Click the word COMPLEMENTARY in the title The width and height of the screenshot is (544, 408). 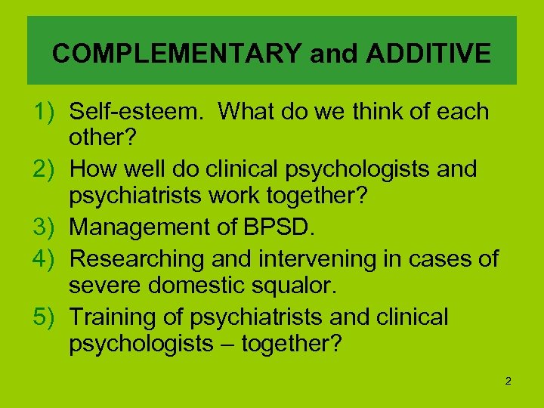click(x=175, y=54)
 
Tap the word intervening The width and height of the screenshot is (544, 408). click(x=298, y=259)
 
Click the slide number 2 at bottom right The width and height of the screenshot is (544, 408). click(x=508, y=381)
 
